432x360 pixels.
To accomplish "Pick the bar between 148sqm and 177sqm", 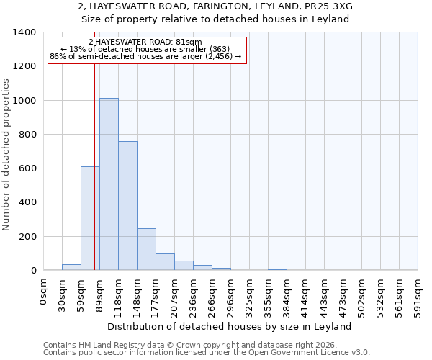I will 146,249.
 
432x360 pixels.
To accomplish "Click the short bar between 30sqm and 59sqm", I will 71,267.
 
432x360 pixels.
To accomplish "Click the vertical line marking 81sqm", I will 95,180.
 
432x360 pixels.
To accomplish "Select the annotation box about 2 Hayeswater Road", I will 147,50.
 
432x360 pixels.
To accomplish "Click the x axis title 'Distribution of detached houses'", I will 230,326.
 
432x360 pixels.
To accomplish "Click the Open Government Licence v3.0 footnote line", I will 207,353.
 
